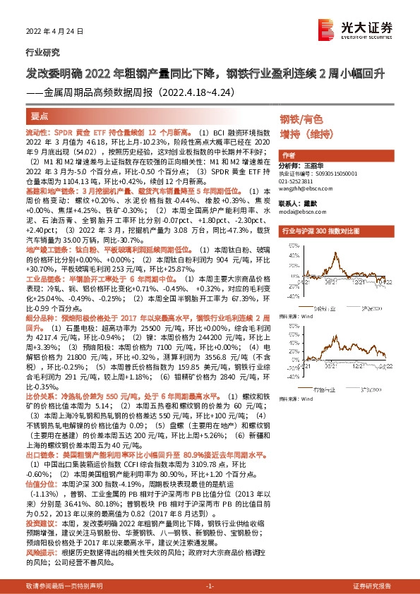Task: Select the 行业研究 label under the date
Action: pos(40,52)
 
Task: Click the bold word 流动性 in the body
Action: pos(35,133)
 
